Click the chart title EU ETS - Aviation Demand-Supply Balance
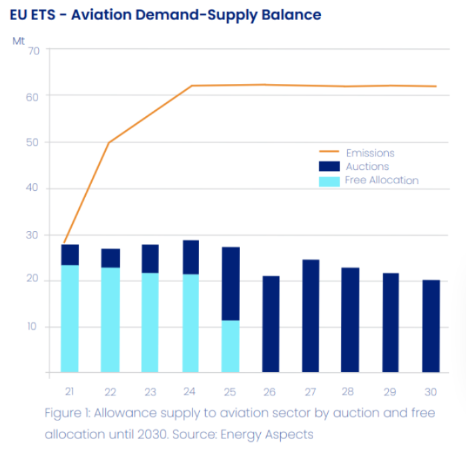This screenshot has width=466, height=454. tap(165, 14)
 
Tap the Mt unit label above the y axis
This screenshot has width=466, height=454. tap(17, 40)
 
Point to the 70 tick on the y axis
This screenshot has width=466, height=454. tap(34, 50)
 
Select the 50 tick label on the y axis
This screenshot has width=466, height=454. tap(34, 142)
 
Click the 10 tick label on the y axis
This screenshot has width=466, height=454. tap(34, 327)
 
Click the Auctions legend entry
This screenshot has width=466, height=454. tap(367, 167)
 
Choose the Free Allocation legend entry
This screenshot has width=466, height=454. tap(382, 180)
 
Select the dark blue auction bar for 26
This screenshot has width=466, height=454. tap(270, 324)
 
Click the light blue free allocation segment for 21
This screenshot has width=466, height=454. tap(70, 318)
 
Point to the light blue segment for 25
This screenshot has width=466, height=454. tap(231, 346)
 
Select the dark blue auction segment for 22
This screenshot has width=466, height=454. tap(110, 258)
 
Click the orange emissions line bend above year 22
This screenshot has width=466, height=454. tap(109, 142)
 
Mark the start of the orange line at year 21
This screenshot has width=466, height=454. tap(64, 242)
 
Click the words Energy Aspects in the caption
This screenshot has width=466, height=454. tap(273, 434)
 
